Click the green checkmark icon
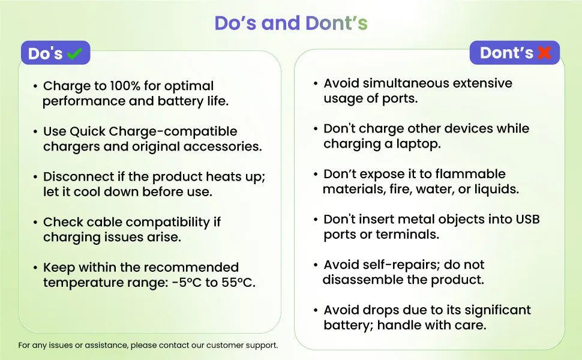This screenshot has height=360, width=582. (74, 53)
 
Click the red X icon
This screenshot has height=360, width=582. (544, 52)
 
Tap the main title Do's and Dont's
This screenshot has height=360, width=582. (291, 23)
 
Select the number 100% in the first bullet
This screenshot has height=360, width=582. (125, 86)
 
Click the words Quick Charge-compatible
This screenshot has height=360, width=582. (153, 131)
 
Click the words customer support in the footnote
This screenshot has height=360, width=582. (242, 345)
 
